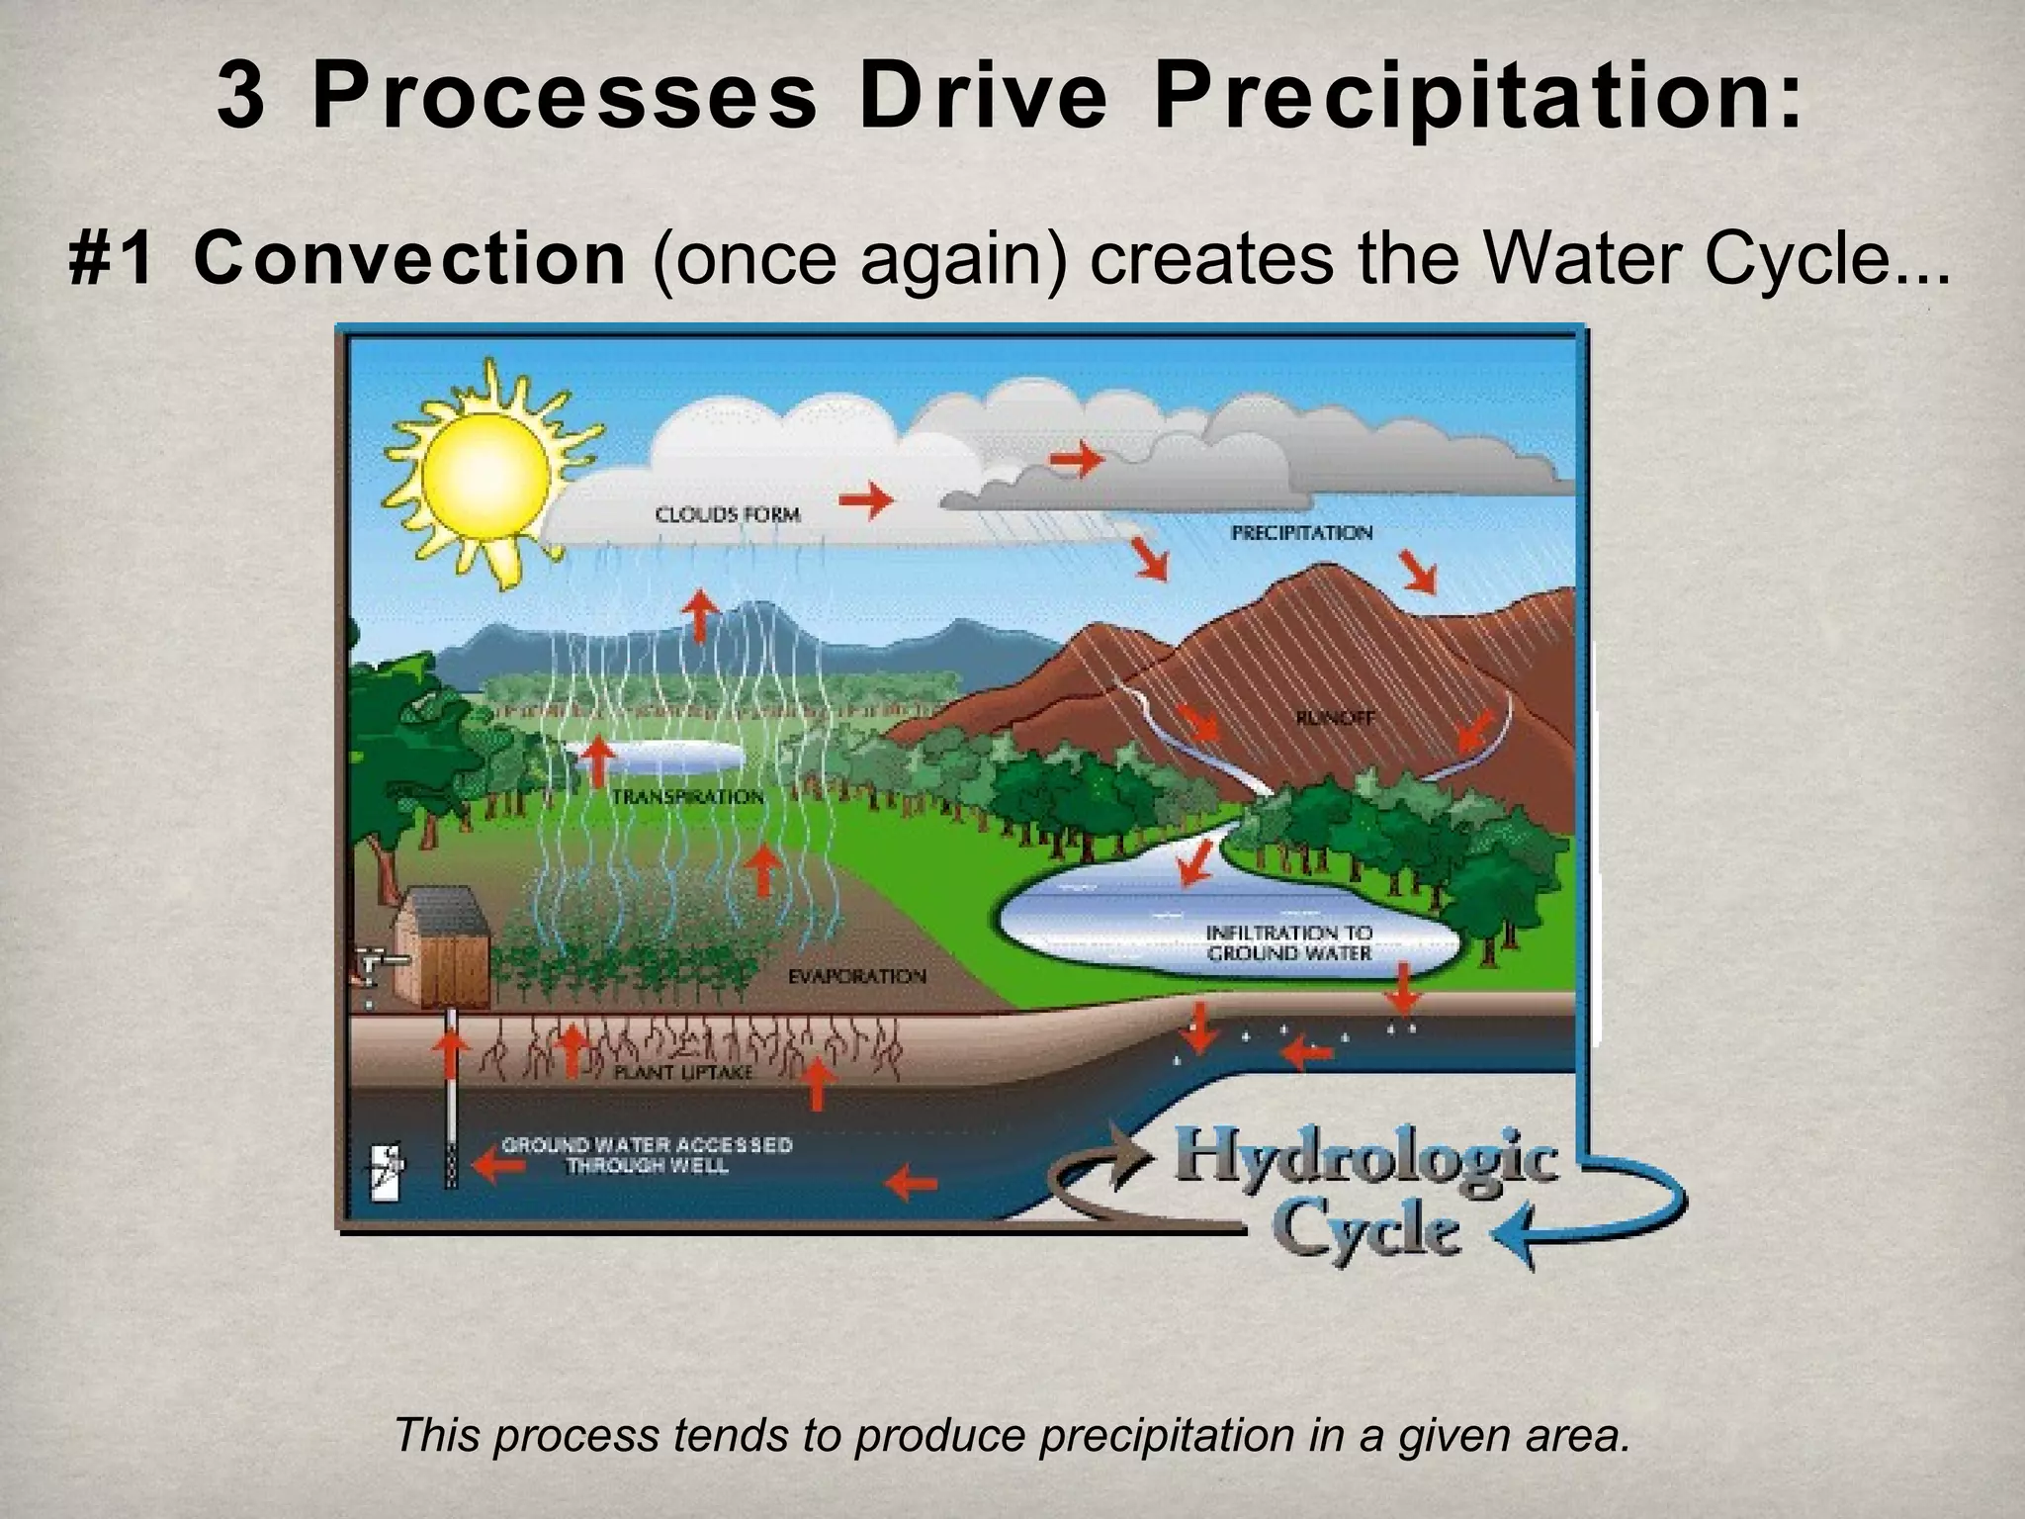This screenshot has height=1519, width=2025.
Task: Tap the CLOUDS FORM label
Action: coord(728,514)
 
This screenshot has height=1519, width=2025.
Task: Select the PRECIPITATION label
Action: coord(1301,533)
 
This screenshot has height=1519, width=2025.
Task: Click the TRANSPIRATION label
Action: coord(688,797)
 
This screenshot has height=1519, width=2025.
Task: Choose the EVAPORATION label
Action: coord(856,977)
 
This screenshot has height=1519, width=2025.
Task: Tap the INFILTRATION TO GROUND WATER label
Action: coord(1288,943)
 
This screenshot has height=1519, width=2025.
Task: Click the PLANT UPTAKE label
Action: coord(683,1072)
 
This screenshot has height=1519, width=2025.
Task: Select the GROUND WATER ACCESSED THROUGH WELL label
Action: coord(647,1155)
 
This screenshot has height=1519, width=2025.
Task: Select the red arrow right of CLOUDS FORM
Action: coord(865,499)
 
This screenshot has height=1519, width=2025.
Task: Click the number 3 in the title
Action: coord(240,99)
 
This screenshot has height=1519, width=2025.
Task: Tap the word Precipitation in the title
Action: coord(1478,99)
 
